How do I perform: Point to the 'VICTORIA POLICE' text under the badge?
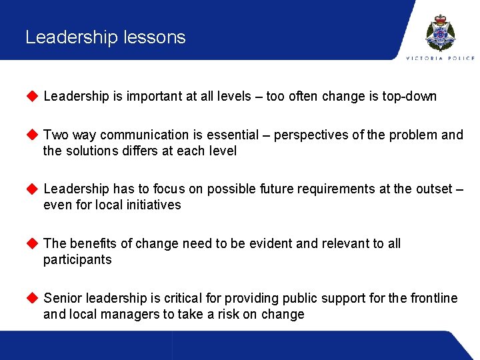441,59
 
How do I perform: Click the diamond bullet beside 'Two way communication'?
31,135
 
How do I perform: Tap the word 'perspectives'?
311,135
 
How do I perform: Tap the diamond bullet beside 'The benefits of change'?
31,243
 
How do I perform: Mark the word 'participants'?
77,260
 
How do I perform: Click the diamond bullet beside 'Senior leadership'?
31,298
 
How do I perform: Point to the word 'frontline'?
433,299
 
